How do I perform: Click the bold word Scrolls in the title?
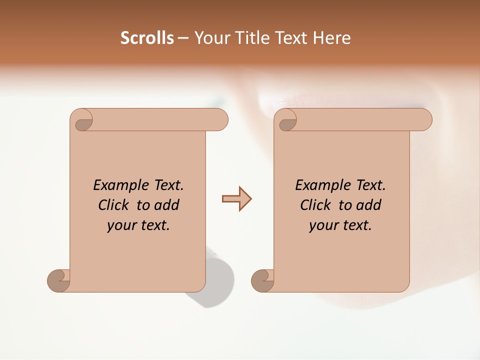coord(147,38)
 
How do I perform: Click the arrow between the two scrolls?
coord(236,198)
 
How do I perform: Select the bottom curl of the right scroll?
coord(263,280)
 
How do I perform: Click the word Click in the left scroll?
coord(114,205)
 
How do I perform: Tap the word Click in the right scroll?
coord(316,205)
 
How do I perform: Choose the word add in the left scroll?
coord(167,205)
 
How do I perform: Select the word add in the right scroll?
coord(369,205)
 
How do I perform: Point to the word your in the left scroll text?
coord(120,225)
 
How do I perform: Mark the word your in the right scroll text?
coord(322,225)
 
